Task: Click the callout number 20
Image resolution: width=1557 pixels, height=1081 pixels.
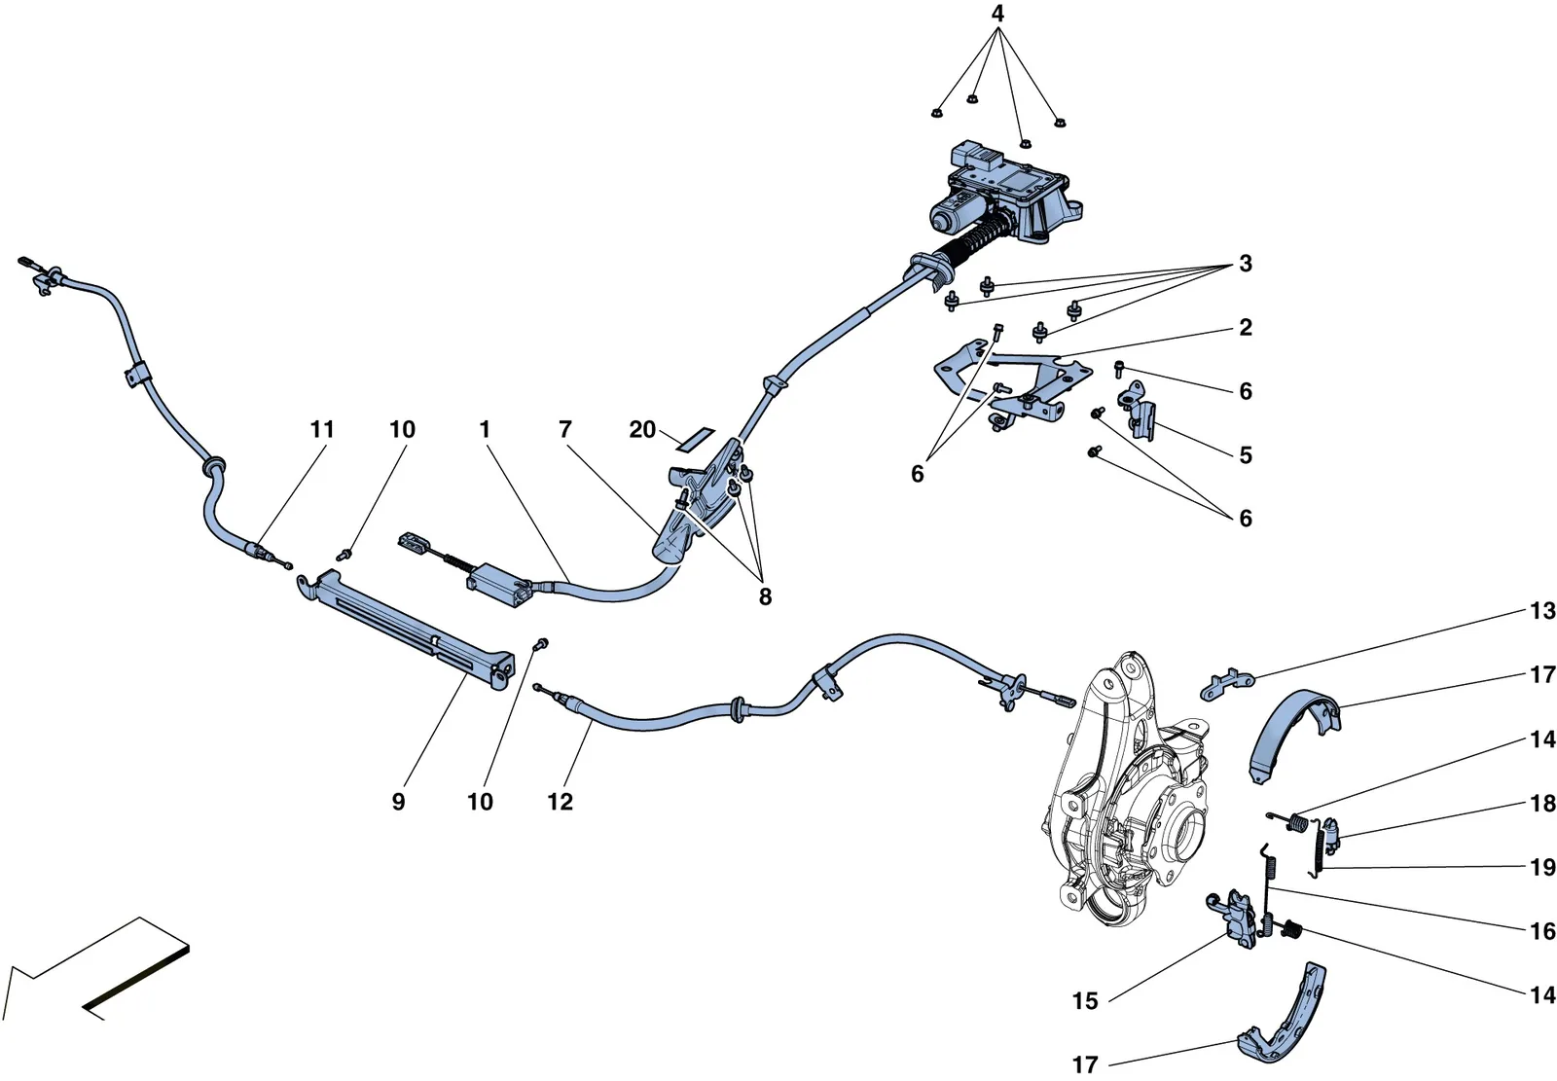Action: (642, 430)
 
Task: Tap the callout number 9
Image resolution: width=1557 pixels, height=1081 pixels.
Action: (398, 802)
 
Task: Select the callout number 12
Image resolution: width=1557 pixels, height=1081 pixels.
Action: (561, 802)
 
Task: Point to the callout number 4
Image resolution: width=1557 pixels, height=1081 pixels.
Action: (997, 14)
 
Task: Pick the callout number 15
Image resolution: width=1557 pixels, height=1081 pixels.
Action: (1085, 1001)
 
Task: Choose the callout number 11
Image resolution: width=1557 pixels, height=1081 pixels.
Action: (322, 430)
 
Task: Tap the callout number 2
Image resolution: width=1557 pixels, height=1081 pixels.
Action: (1246, 328)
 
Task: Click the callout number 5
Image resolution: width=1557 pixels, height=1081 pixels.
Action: (1246, 455)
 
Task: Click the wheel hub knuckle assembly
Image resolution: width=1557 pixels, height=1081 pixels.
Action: (1126, 789)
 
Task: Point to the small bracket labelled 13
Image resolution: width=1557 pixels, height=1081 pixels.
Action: (1227, 684)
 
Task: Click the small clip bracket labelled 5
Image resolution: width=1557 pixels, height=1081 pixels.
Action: (1137, 411)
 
